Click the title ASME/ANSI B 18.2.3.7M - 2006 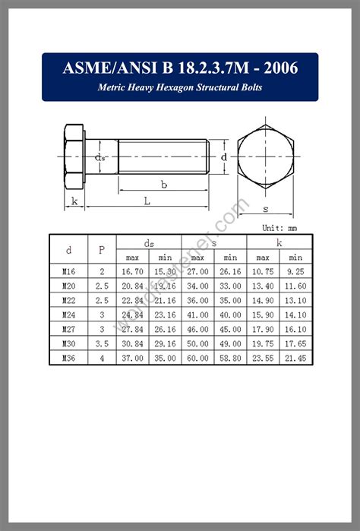click(x=180, y=68)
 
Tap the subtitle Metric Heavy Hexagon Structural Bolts click(x=180, y=87)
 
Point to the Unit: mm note click(x=279, y=227)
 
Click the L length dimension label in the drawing click(x=147, y=201)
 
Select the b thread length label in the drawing click(x=164, y=184)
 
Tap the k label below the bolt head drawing click(x=74, y=201)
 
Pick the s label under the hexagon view click(x=265, y=207)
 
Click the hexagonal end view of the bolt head click(x=265, y=157)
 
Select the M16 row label click(x=69, y=270)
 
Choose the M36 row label click(x=69, y=358)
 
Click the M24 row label click(x=69, y=314)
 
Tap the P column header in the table click(x=101, y=249)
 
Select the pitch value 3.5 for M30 click(x=101, y=343)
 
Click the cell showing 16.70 click(x=133, y=270)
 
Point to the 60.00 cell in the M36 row click(x=197, y=358)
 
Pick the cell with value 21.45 click(x=295, y=358)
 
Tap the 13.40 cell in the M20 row click(x=263, y=285)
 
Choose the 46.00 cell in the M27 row click(x=197, y=329)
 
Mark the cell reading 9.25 click(x=295, y=270)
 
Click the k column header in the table click(x=279, y=242)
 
